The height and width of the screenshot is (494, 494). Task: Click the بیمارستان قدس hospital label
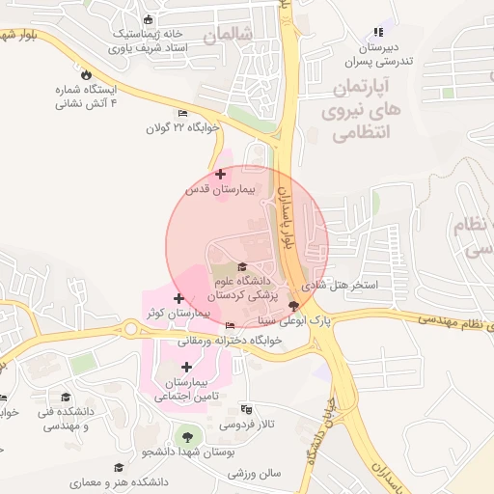[x=220, y=190]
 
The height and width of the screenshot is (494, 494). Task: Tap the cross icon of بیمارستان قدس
[x=221, y=175]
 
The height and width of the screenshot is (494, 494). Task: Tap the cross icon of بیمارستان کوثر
[x=179, y=298]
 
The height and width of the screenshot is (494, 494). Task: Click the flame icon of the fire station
[x=86, y=73]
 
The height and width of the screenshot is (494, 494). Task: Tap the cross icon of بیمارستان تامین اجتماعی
[x=186, y=367]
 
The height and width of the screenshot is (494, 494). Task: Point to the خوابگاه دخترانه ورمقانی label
[x=229, y=341]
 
